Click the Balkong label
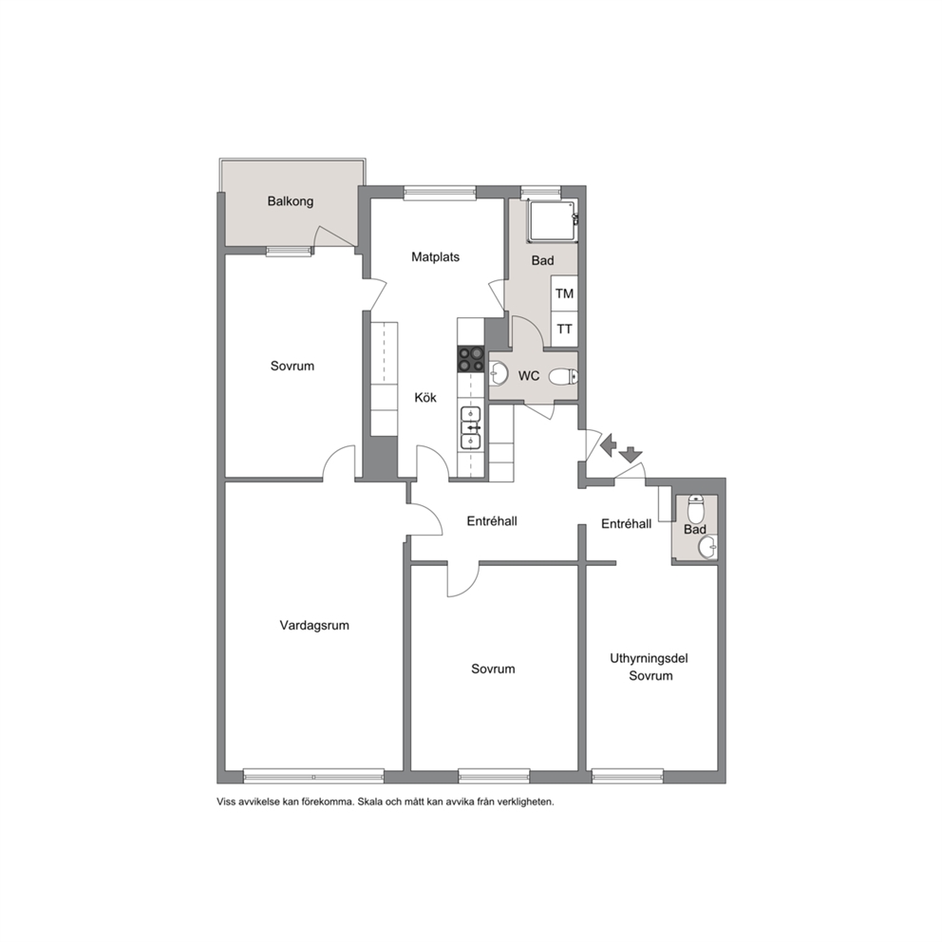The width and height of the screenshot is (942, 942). coord(291,201)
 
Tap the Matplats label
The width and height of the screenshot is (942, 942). coord(436,257)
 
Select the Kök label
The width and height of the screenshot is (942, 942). coord(425,398)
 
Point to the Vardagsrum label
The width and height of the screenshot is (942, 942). coord(314,626)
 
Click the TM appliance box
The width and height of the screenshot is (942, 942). coord(564,293)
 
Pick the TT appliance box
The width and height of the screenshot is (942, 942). coord(564,330)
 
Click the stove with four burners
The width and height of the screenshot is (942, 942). coord(471,359)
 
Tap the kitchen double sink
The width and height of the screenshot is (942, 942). coord(470,427)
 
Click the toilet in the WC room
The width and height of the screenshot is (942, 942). coord(563,377)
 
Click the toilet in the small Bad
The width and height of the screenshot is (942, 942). coord(696,509)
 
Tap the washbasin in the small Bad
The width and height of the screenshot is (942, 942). coord(707,547)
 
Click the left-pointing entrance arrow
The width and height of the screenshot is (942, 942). coord(609,445)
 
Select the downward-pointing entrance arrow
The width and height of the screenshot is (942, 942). coord(631,454)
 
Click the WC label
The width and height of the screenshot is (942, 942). coord(529,376)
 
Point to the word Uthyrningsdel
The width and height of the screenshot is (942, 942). coord(649,658)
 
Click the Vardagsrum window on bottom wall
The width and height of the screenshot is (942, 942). coord(313,776)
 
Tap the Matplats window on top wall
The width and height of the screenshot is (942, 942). coord(440,192)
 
